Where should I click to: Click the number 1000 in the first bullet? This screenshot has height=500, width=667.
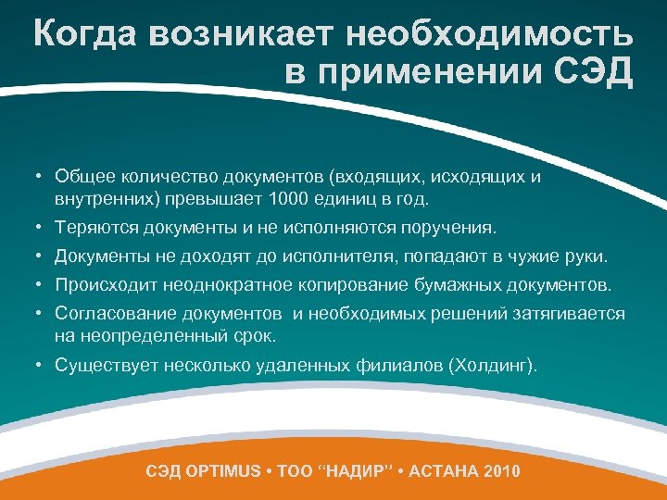(x=285, y=198)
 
